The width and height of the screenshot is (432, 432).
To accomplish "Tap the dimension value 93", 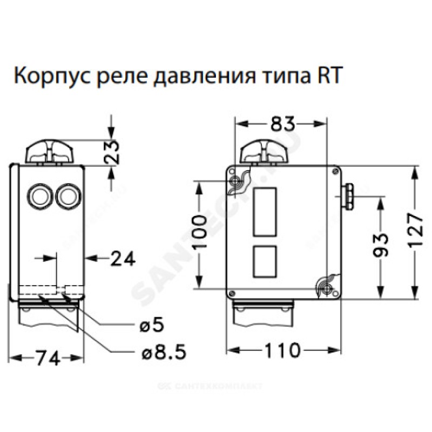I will point(382,246).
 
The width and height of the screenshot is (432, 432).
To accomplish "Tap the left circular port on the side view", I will point(38,195).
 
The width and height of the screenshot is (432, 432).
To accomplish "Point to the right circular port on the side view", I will point(66,195).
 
